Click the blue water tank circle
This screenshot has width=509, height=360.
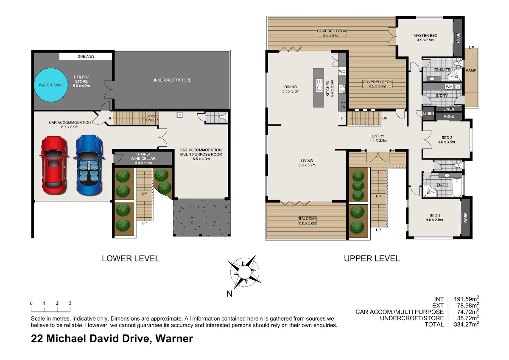point(51,85)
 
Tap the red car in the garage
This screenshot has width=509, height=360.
point(54,165)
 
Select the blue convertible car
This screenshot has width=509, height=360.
point(89,165)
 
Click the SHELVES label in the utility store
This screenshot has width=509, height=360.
point(86,56)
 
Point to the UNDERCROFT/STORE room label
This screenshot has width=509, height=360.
point(172,80)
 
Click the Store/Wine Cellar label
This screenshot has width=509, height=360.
point(143,158)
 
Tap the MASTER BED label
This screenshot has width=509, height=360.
point(425,36)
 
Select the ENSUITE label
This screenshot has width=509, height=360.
point(442,70)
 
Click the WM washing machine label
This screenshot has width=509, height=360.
point(449,87)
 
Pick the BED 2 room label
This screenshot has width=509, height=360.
point(447,138)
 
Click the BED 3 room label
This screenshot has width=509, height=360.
point(435,215)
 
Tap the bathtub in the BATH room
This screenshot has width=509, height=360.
point(457,187)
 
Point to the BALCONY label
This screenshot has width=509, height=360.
point(307,219)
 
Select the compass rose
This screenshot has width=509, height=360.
point(244,272)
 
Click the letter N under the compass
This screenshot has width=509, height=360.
point(229,294)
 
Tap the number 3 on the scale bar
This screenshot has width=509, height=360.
point(70,303)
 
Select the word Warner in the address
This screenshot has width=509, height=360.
point(174,338)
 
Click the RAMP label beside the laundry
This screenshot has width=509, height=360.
point(471,70)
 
